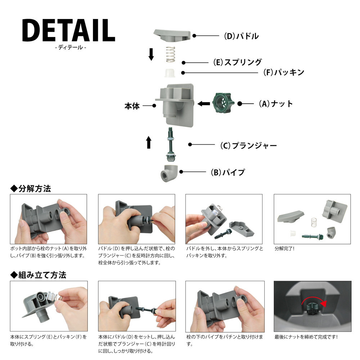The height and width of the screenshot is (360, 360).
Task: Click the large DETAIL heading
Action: tap(68, 30)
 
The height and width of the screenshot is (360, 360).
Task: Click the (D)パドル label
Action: tap(241, 36)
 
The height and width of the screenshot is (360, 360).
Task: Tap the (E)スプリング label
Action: tap(237, 62)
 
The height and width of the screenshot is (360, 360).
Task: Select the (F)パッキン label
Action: tap(284, 72)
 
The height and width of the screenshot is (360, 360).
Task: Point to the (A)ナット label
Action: tap(276, 104)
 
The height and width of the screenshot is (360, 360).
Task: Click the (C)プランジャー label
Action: tap(248, 145)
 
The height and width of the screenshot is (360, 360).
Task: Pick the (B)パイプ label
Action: tap(228, 172)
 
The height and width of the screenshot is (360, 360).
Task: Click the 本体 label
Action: tap(132, 106)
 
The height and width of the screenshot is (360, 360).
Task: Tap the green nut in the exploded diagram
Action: tap(221, 103)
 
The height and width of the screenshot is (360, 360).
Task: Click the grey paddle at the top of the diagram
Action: tap(172, 35)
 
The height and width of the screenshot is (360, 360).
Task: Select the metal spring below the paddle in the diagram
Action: tap(170, 54)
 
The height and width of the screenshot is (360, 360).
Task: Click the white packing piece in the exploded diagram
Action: tap(170, 73)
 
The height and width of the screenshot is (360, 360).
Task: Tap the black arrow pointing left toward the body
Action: tap(204, 104)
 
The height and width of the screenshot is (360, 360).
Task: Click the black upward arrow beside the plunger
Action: tap(149, 142)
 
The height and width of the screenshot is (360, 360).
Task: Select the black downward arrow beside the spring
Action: tap(151, 54)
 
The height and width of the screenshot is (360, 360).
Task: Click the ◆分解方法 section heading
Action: tap(31, 189)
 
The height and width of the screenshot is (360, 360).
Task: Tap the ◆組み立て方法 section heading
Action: tap(38, 275)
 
